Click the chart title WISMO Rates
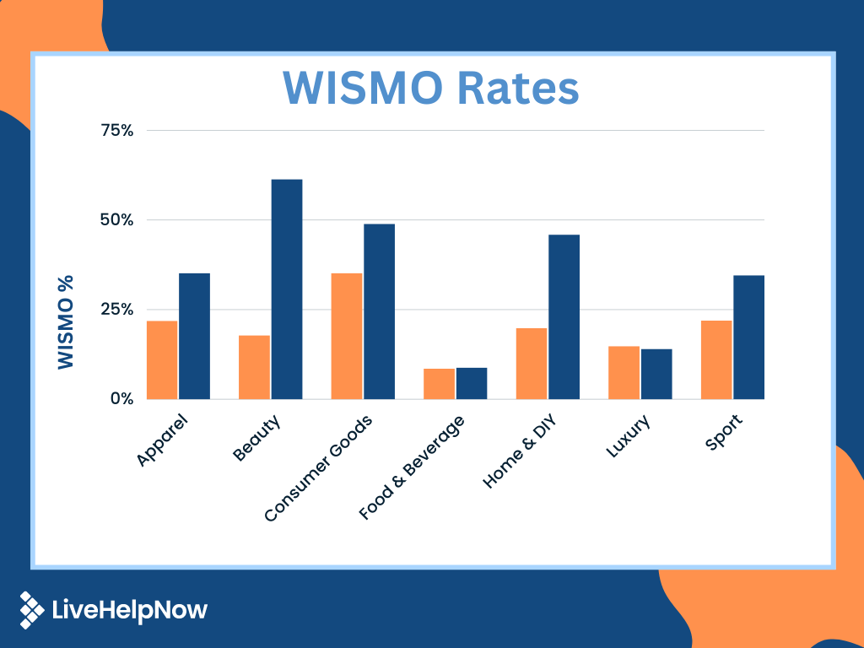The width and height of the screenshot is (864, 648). click(431, 89)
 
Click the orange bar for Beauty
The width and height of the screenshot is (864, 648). click(254, 367)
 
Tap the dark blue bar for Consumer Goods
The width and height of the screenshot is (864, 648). click(379, 311)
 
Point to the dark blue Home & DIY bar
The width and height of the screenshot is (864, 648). click(564, 316)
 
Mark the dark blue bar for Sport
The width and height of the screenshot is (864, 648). click(748, 337)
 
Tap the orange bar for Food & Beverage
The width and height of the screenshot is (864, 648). click(439, 384)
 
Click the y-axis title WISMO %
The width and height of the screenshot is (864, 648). click(66, 321)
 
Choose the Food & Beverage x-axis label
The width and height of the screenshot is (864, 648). click(411, 467)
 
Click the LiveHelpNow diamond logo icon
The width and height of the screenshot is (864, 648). click(32, 610)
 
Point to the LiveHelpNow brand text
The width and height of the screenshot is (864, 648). click(129, 610)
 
